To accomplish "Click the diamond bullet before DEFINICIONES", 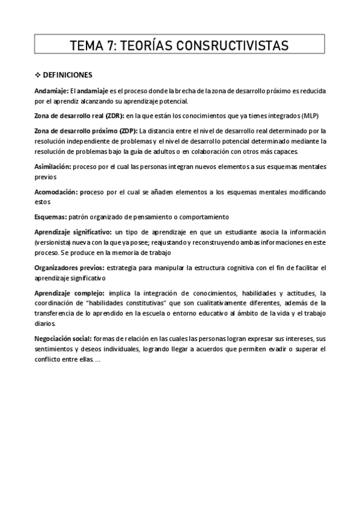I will click(38, 75).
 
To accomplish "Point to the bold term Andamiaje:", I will click(52, 91).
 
